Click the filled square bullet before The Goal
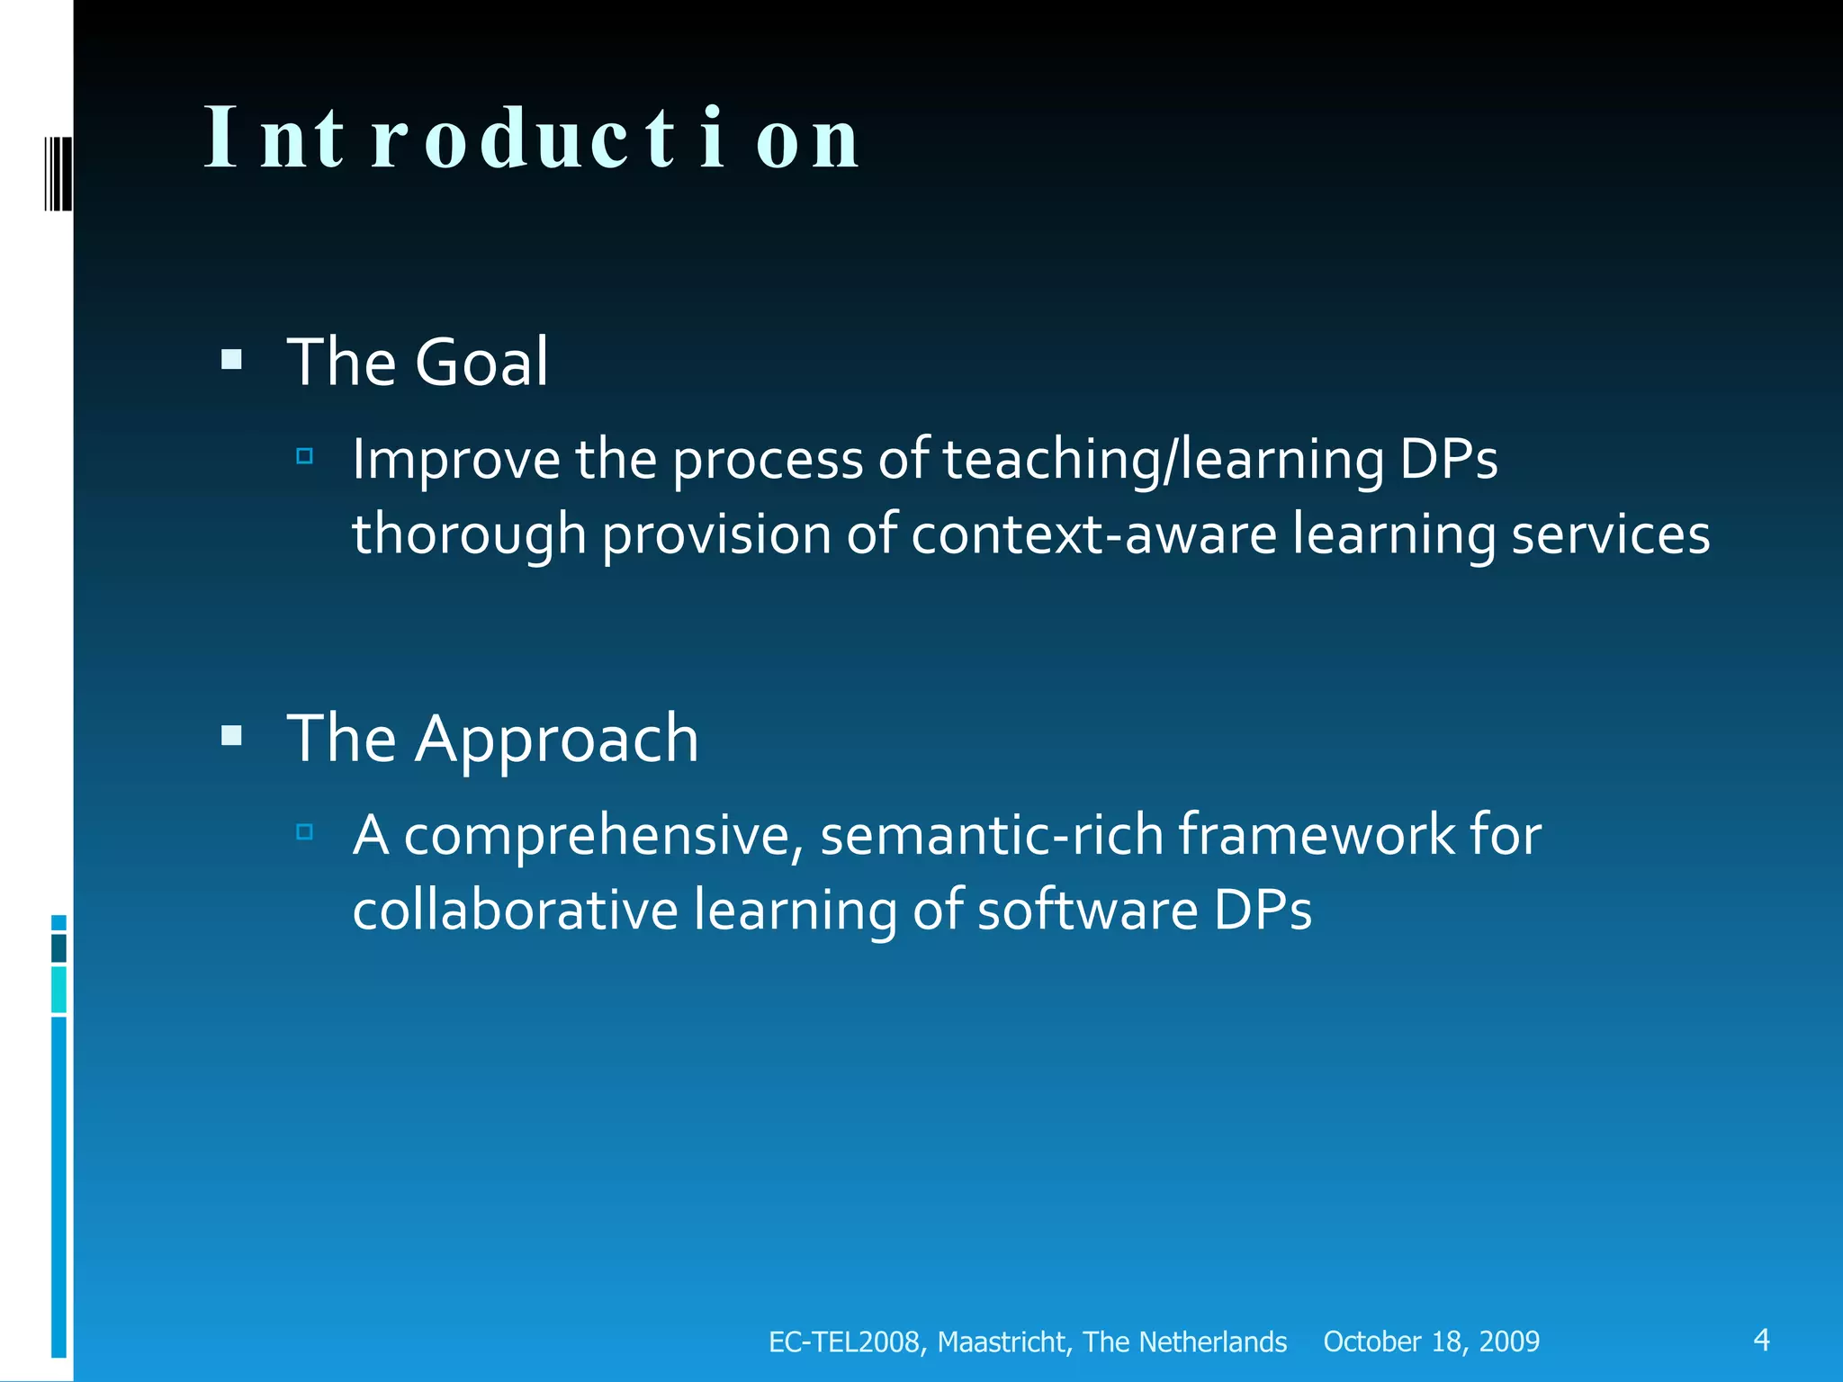pos(232,361)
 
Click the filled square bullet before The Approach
pos(232,737)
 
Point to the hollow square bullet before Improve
pos(304,456)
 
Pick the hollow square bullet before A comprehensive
pos(304,831)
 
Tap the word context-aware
pos(1093,534)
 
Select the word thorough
pos(469,534)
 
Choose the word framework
pos(1316,835)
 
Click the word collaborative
pos(515,910)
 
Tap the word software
pos(1087,910)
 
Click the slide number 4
pos(1761,1340)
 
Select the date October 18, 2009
pos(1431,1342)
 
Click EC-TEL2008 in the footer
pos(843,1342)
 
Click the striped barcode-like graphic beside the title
pos(58,173)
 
